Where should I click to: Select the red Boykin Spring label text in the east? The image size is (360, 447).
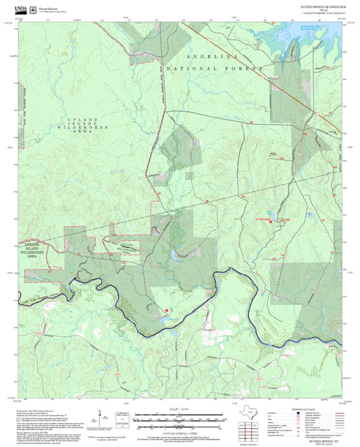point(261,219)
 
